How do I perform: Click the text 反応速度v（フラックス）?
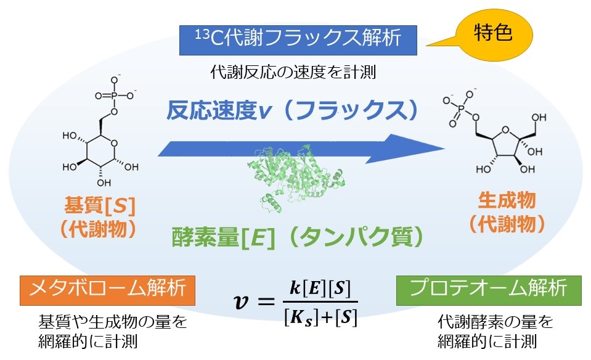(x=293, y=111)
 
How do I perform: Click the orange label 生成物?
(x=507, y=200)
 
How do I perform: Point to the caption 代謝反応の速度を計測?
(x=293, y=72)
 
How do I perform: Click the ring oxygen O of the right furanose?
(x=505, y=130)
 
